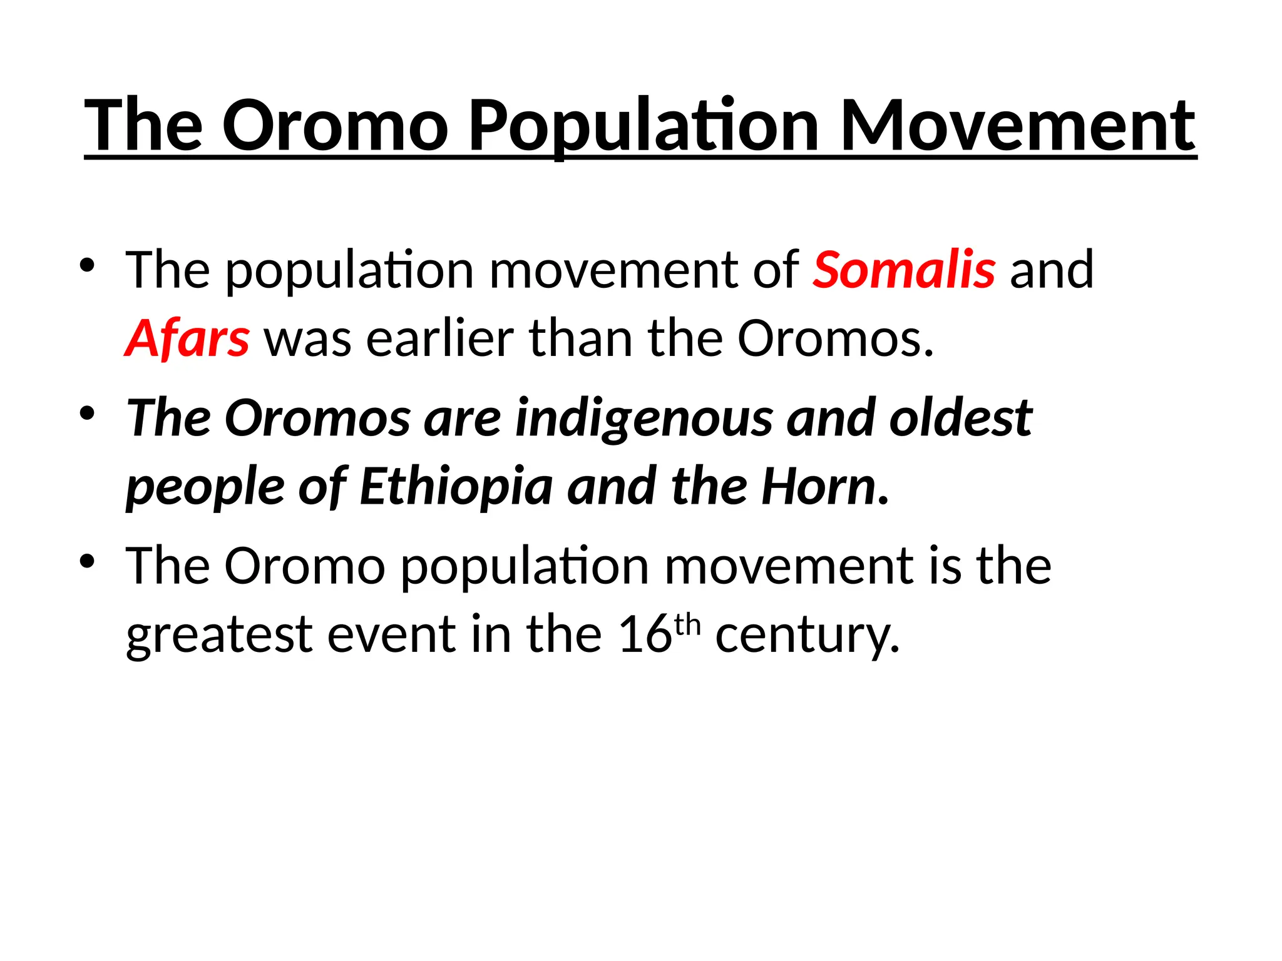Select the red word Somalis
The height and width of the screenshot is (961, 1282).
pyautogui.click(x=904, y=270)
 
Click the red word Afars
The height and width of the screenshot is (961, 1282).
pyautogui.click(x=187, y=338)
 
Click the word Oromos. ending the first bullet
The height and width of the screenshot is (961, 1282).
pyautogui.click(x=835, y=338)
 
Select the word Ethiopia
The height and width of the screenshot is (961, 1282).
pyautogui.click(x=456, y=487)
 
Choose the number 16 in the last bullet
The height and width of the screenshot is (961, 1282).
pyautogui.click(x=645, y=634)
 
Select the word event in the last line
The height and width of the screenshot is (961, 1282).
pyautogui.click(x=391, y=634)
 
